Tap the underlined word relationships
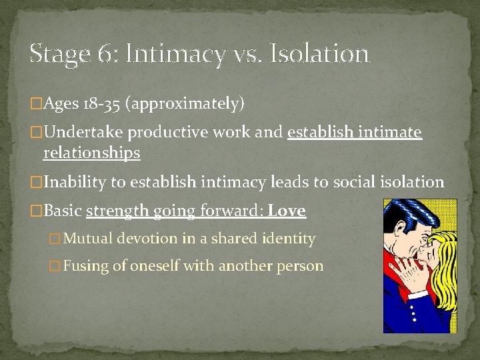coord(91,153)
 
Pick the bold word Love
coord(287,211)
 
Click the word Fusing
coord(87,265)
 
